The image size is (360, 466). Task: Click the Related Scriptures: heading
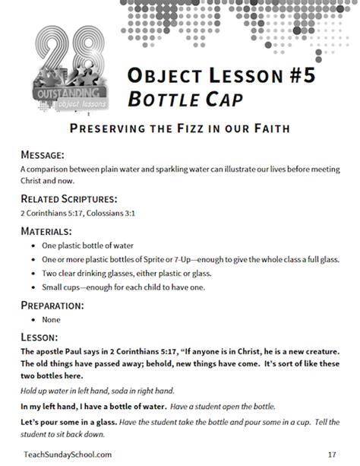coord(69,198)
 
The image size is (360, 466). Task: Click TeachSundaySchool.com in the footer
coord(67,453)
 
